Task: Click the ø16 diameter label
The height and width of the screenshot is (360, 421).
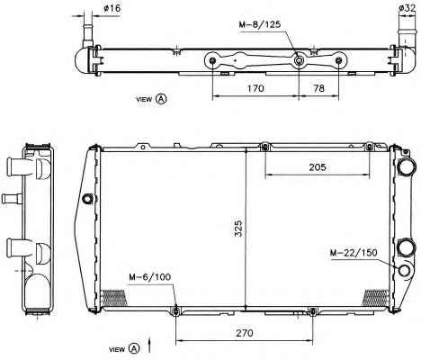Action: click(x=112, y=8)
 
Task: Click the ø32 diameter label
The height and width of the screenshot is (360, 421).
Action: click(x=408, y=8)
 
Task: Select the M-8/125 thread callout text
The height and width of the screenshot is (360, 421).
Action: click(x=260, y=24)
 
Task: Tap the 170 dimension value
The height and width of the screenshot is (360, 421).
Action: click(x=255, y=88)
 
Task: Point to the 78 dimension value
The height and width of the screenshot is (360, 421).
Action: click(x=318, y=88)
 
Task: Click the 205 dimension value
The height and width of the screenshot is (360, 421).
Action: click(x=318, y=166)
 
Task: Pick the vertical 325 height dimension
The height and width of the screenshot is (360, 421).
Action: click(x=238, y=229)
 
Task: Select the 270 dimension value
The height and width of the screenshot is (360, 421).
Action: click(x=245, y=333)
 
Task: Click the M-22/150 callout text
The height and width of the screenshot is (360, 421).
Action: click(x=354, y=252)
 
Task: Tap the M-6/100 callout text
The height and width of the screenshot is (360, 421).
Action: click(x=150, y=276)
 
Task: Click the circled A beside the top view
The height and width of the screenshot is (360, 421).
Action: click(x=161, y=98)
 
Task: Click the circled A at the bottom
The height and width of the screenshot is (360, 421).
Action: click(x=134, y=348)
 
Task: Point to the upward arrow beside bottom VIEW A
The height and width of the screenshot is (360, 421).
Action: click(x=149, y=346)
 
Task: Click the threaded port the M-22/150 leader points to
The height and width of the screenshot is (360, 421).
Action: click(x=405, y=270)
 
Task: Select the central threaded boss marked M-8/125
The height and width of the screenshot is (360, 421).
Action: click(x=299, y=61)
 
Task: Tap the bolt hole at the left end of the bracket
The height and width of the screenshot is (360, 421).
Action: click(x=212, y=61)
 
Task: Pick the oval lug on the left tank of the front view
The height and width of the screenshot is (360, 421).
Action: click(x=87, y=198)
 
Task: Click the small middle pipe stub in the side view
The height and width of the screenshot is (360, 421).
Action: click(x=12, y=199)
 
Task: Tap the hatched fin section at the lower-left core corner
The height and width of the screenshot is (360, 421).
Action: click(x=113, y=298)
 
